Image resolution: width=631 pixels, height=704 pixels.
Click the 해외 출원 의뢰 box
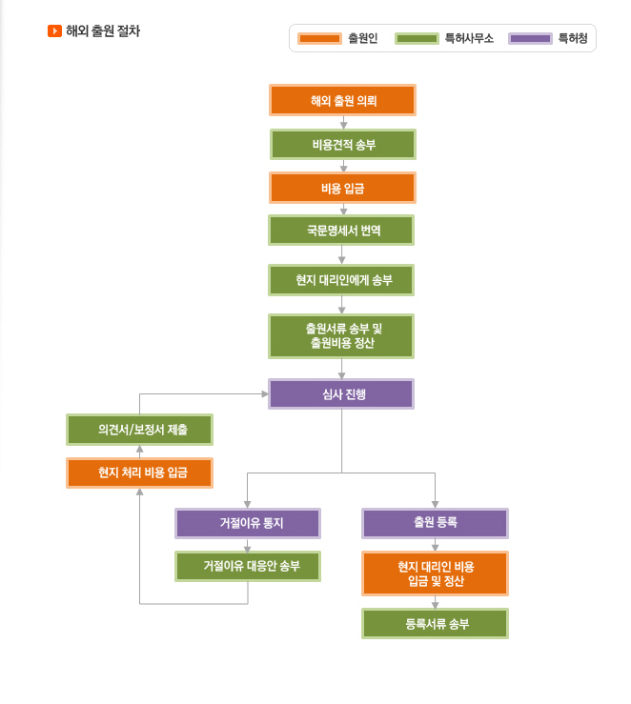343,100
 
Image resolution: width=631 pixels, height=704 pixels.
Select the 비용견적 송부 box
343,145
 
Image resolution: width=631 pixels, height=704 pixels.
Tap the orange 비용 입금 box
343,188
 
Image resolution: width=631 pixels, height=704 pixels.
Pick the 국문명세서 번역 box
341,231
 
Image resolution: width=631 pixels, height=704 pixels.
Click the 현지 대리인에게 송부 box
341,280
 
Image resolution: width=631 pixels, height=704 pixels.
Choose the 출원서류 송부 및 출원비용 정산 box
341,336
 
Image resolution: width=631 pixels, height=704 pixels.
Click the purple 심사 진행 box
341,394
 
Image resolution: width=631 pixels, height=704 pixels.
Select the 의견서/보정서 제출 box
140,430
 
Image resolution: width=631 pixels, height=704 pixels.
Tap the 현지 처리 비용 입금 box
140,473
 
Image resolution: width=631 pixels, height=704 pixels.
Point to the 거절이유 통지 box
248,523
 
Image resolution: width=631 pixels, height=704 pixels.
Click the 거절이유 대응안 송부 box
248,566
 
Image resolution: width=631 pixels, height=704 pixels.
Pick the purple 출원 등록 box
436,523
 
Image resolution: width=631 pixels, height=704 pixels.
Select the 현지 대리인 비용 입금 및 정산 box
436,573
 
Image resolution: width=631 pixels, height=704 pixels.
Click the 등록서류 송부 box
436,624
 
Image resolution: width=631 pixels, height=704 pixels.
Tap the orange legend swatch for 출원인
319,39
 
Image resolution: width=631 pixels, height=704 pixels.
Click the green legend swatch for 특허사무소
417,39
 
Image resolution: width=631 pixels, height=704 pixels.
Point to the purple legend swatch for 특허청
530,39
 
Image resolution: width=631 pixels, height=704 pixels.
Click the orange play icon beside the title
54,31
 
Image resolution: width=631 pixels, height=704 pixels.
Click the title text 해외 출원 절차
103,31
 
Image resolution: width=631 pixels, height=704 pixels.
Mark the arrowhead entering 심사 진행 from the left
265,394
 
